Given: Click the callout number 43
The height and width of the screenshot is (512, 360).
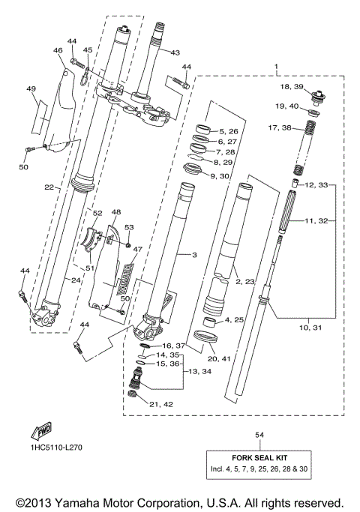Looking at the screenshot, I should (x=175, y=52).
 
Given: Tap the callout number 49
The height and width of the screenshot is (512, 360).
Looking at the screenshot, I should (x=31, y=89).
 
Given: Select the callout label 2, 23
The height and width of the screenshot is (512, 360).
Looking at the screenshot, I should (x=245, y=282).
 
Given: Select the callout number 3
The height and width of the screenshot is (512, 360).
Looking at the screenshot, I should (x=193, y=256).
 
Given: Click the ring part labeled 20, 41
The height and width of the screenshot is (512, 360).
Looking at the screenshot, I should (x=204, y=335).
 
